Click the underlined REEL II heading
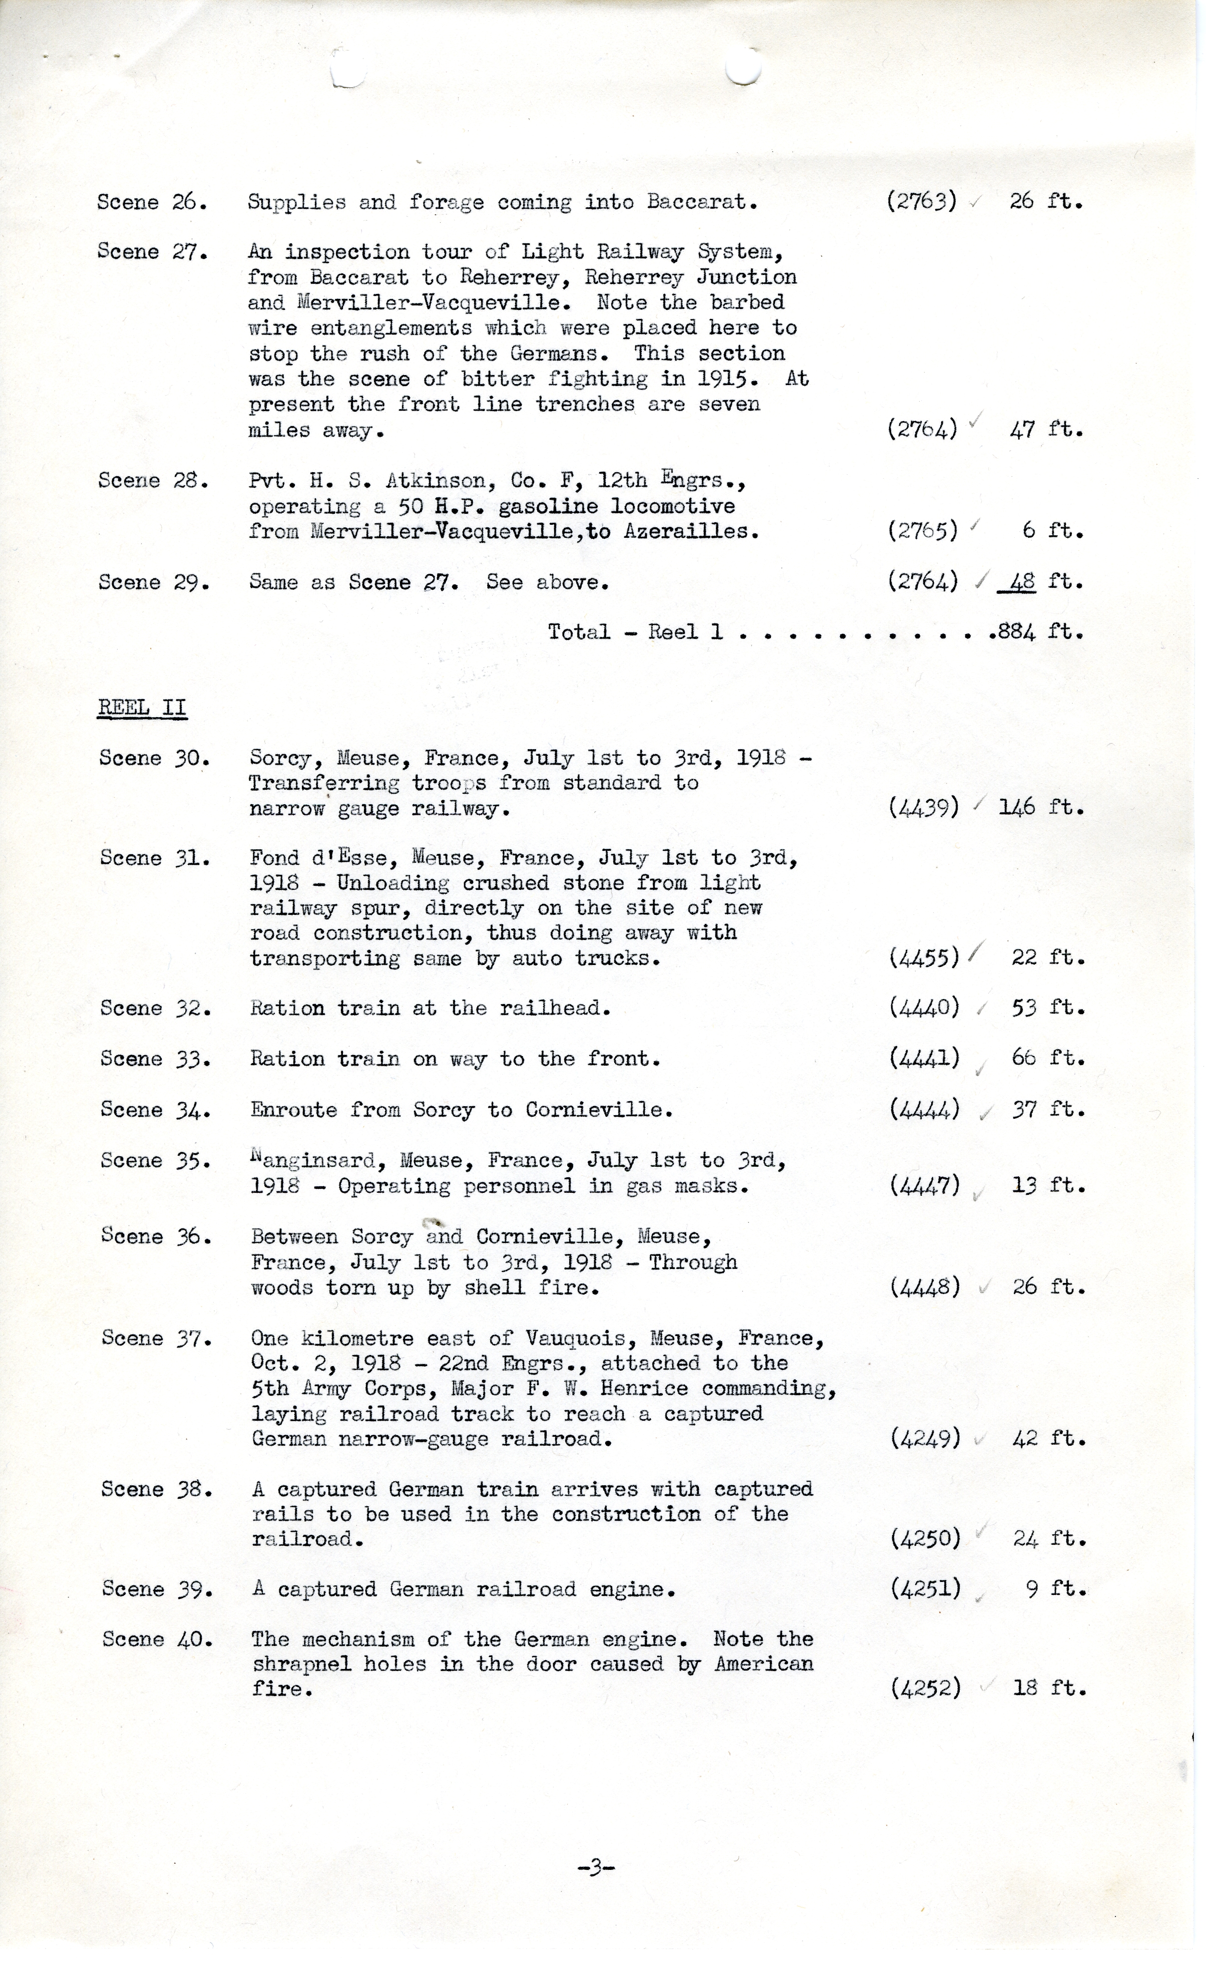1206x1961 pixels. (142, 708)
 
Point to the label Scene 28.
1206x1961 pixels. (153, 481)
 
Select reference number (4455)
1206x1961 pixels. (924, 957)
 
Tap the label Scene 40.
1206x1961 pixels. (156, 1640)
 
